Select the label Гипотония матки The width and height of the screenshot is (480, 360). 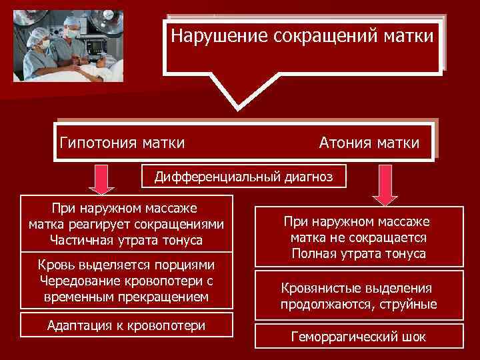coord(123,142)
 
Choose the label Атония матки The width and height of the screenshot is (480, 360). coord(369,143)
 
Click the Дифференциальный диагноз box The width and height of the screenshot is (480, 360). coord(245,176)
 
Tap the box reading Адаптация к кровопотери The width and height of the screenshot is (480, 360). coord(127,325)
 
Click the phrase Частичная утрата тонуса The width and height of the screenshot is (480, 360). coord(126,239)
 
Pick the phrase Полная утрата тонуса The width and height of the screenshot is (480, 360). coord(358,253)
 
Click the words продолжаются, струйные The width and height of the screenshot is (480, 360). coord(358,305)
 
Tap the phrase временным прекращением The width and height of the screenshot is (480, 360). coord(126,295)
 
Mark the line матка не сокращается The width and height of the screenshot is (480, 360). coord(358,237)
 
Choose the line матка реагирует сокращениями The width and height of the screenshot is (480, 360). coord(126,223)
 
